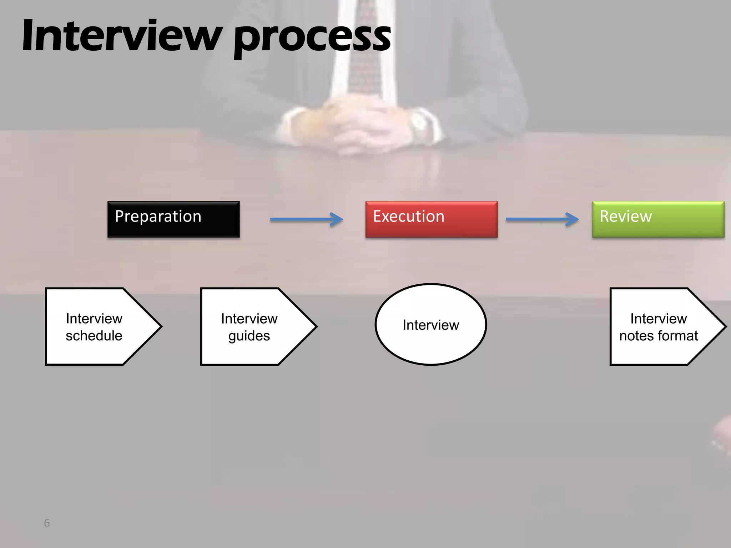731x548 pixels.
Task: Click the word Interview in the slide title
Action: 121,36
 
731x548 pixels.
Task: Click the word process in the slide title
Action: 312,37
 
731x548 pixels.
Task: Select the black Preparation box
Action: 173,219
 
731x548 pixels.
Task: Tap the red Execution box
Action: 431,219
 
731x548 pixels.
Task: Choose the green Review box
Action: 658,219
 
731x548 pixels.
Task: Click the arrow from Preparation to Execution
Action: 306,219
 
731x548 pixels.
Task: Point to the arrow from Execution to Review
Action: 542,219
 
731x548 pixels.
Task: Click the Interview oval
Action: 431,325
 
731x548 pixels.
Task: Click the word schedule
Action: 94,336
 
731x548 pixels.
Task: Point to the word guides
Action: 249,336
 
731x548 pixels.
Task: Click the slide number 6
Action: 47,523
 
